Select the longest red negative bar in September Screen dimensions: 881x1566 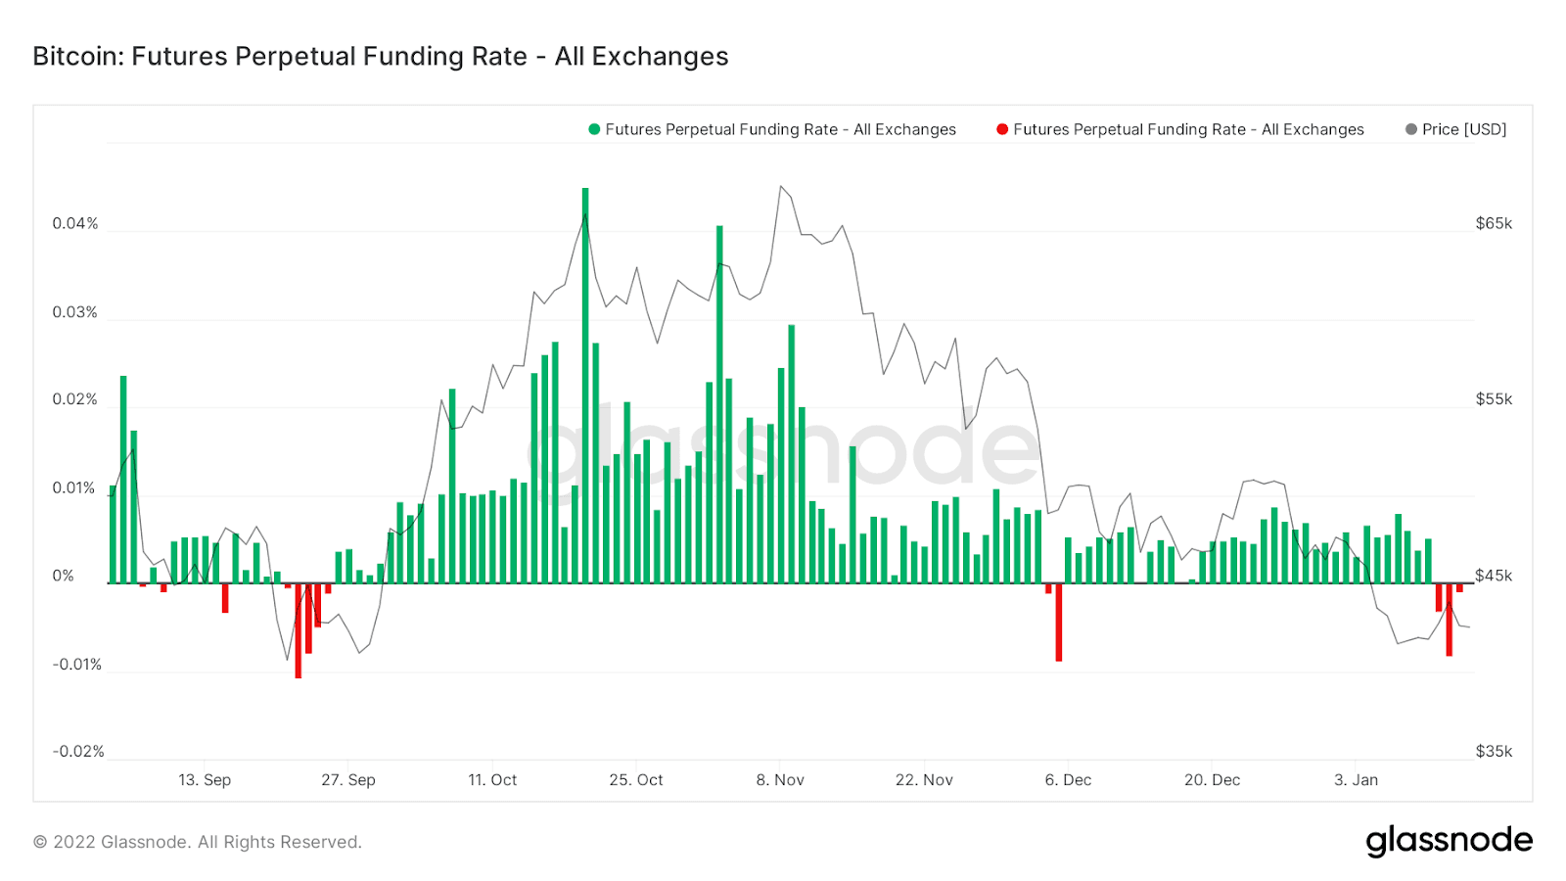point(299,630)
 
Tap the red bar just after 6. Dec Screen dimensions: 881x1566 point(1059,623)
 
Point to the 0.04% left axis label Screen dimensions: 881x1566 point(75,223)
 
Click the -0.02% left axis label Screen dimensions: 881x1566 point(78,751)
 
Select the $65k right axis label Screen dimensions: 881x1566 point(1494,223)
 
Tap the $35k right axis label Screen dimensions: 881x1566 point(1494,751)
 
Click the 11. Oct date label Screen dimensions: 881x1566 point(492,779)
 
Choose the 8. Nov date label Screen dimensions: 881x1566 point(780,779)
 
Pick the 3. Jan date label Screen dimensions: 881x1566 point(1356,779)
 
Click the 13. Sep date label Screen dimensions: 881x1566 point(205,779)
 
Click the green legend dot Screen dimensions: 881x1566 point(594,129)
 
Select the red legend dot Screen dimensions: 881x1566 point(1002,129)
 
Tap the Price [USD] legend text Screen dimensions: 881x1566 point(1464,129)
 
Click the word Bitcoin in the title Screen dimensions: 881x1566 point(76,57)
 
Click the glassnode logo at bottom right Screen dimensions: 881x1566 point(1449,841)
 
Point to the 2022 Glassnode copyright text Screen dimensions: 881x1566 point(198,842)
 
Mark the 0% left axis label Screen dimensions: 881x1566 point(64,576)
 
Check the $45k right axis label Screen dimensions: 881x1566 point(1494,575)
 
